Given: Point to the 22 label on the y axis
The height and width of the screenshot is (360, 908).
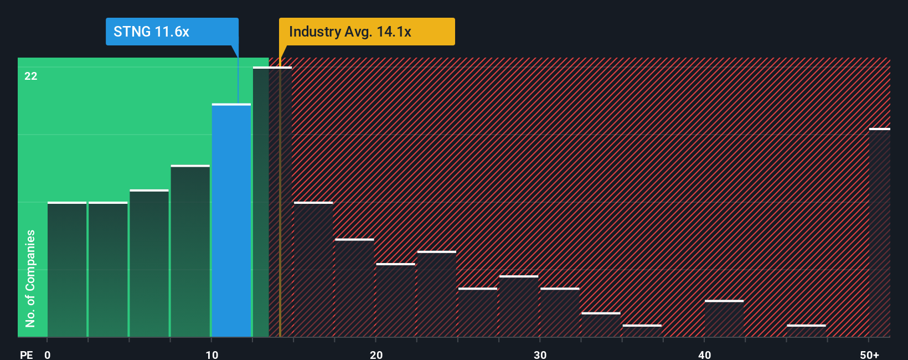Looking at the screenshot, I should pos(31,76).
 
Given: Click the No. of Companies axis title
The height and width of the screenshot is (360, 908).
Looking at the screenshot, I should pos(30,278).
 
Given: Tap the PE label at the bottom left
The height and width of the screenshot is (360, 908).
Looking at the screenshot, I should pos(26,354).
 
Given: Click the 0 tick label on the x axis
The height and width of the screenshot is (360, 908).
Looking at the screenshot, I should pos(48,354).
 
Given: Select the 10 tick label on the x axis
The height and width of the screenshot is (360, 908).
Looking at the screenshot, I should pos(212,354).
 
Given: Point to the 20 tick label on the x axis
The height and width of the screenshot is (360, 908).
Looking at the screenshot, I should pos(376,354).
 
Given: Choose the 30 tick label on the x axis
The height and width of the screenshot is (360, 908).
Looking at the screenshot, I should pos(540,354).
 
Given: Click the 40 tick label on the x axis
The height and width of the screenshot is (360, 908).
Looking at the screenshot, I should pos(704,354).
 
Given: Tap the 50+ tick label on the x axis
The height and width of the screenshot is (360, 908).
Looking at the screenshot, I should pos(869,354).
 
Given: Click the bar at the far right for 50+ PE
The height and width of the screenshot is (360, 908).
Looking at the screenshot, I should pos(879,233).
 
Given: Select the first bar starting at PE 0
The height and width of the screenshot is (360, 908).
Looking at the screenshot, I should pos(67,270).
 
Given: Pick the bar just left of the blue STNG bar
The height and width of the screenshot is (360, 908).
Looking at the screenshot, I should pos(190,251).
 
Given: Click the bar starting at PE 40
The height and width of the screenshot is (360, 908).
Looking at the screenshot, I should pos(724,318).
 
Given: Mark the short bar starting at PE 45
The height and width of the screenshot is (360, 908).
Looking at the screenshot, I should pos(806,331).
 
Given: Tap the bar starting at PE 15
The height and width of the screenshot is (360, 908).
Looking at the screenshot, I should pos(313,270).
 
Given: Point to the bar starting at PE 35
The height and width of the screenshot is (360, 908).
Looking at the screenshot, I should pos(642,331).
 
